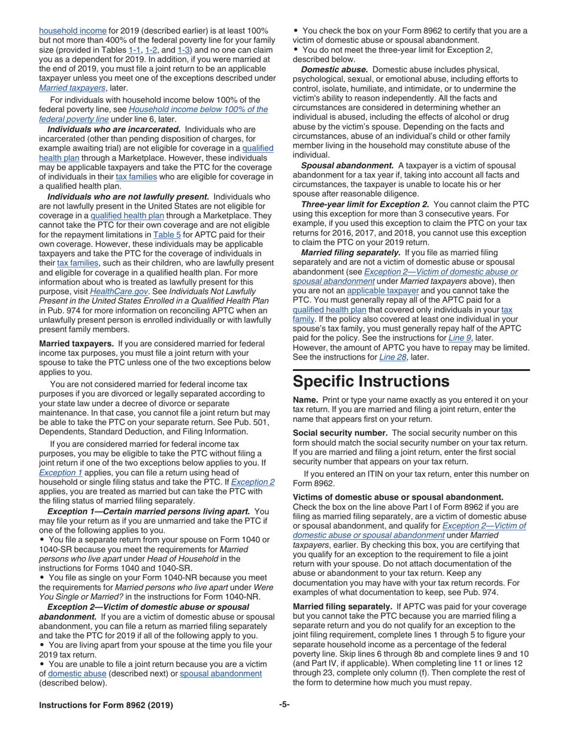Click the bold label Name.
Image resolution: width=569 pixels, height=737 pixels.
click(x=304, y=400)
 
